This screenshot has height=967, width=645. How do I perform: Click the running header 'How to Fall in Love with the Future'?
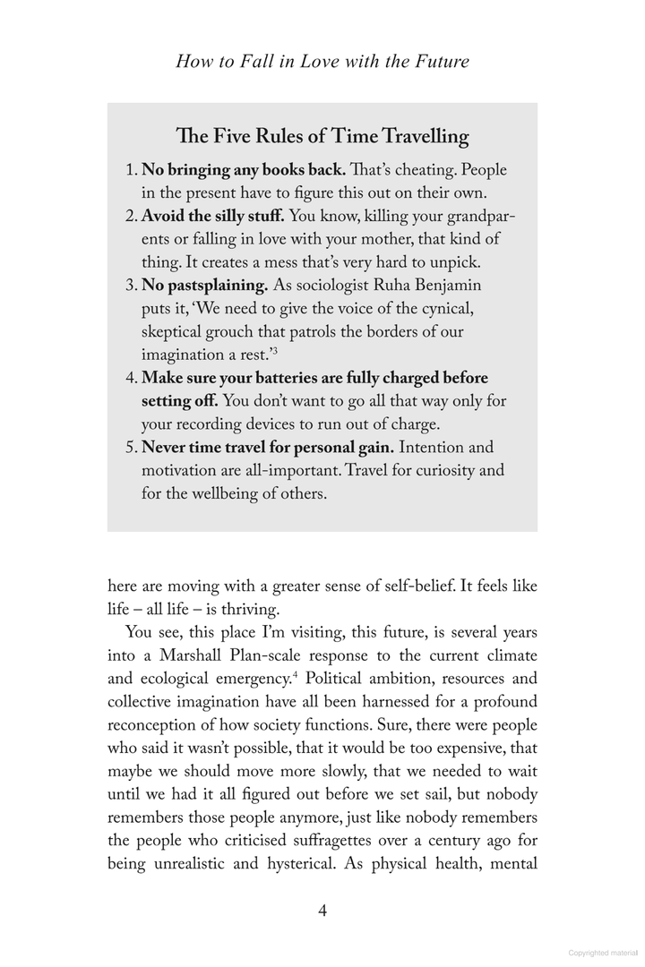pos(322,62)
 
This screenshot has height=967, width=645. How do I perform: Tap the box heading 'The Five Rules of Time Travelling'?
pos(322,136)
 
